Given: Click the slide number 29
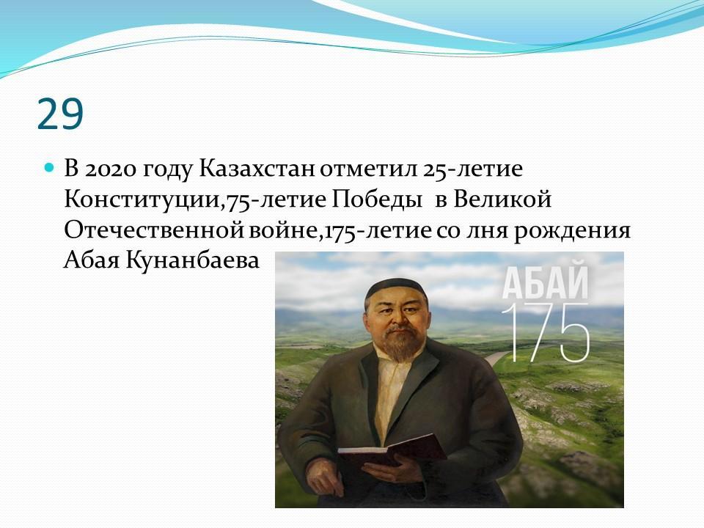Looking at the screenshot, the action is [60, 114].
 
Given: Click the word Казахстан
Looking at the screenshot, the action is [257, 169].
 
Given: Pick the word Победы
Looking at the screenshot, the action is [377, 200].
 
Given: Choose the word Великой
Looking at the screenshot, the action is [502, 199].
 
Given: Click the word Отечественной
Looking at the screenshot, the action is [155, 230].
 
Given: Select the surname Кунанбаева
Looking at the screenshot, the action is [192, 260].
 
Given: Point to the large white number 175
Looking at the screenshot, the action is [545, 333].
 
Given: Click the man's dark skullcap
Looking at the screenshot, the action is [395, 290].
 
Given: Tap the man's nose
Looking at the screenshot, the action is [397, 319].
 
